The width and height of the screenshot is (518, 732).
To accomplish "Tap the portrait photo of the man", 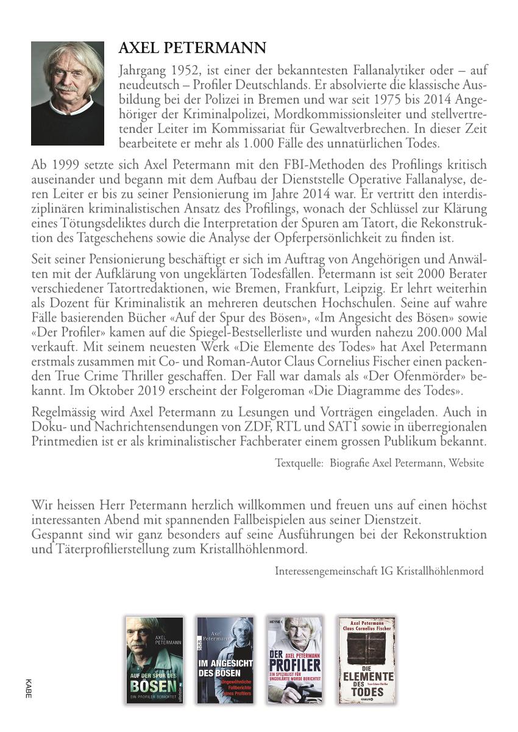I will click(68, 93).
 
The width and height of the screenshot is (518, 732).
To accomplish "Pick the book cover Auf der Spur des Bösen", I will click(154, 660).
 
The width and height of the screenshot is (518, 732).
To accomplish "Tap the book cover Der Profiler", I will click(295, 660).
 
